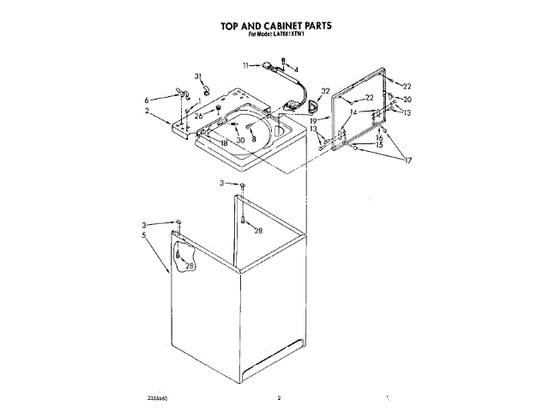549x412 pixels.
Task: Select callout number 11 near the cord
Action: [x=245, y=65]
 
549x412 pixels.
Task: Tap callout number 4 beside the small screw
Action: [x=296, y=69]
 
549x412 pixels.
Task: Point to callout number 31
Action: [x=196, y=77]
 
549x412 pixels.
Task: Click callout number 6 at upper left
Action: [x=147, y=100]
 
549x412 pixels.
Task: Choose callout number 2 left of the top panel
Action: [x=147, y=112]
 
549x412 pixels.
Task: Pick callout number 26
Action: [x=198, y=116]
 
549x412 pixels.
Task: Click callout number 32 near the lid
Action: [x=325, y=91]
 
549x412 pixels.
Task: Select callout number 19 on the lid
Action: [x=314, y=122]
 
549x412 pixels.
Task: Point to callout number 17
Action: [x=408, y=161]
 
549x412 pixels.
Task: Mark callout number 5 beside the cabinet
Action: [x=144, y=233]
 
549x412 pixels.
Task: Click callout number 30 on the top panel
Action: [x=240, y=140]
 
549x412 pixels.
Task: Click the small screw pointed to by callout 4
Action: [x=284, y=61]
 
